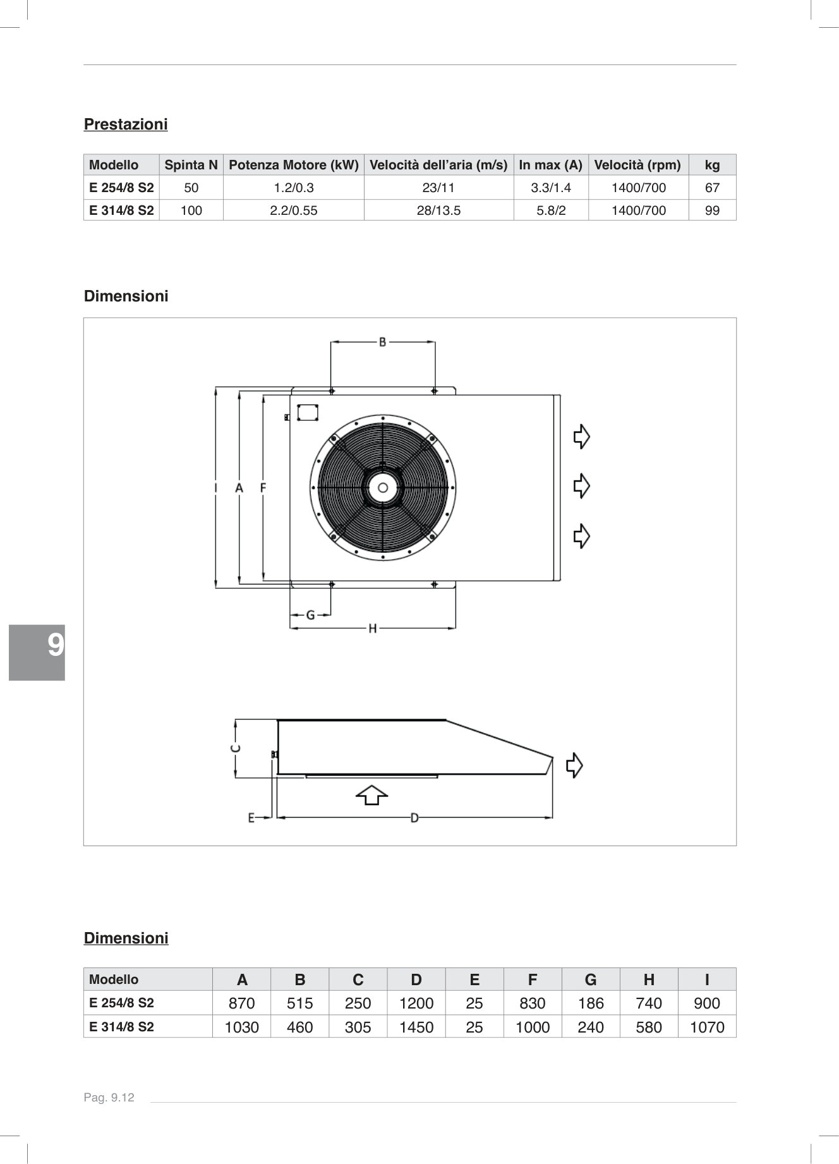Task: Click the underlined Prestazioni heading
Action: (126, 124)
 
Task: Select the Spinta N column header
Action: (191, 166)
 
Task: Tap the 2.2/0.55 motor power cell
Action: (293, 210)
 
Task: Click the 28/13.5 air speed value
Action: (438, 210)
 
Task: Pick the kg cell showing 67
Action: (712, 188)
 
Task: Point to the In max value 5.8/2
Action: (551, 210)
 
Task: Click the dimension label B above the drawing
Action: (382, 342)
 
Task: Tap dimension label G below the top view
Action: (310, 614)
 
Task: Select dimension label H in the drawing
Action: (372, 628)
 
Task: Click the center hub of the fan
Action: (383, 487)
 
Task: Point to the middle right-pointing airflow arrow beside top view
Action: (581, 486)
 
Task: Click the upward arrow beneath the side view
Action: (371, 795)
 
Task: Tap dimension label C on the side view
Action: (234, 748)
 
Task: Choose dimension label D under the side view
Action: (414, 818)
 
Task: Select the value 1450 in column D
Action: (416, 1027)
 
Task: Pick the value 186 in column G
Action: (590, 1003)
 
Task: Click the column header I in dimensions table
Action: (706, 979)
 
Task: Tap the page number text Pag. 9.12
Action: (109, 1098)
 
